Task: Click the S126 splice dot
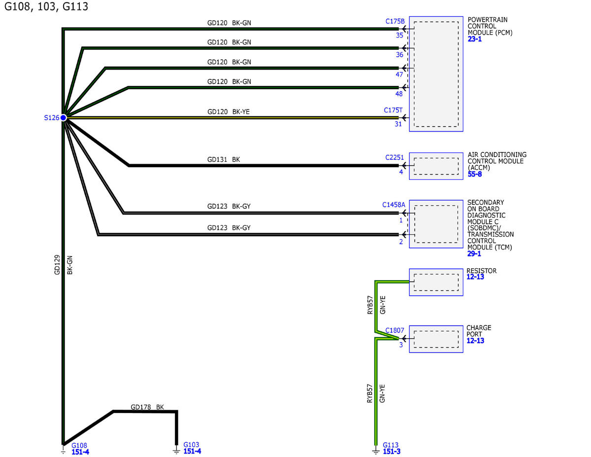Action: tap(63, 117)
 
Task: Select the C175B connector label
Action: tap(395, 22)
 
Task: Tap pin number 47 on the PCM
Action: tap(399, 75)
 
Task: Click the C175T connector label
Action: tap(394, 110)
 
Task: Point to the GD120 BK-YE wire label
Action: tap(229, 111)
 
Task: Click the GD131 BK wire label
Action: tap(224, 160)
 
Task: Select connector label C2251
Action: tap(394, 158)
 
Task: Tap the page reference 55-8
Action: tap(475, 174)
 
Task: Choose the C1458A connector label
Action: tap(394, 205)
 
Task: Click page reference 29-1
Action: tap(474, 253)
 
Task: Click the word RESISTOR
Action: tap(482, 271)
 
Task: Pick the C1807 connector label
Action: tap(395, 330)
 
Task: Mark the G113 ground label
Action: tap(391, 445)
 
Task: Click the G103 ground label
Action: tap(191, 445)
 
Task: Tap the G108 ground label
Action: tap(79, 445)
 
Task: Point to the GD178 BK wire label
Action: tap(147, 407)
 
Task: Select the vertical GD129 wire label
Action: tap(57, 265)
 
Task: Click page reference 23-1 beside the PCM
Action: tap(475, 39)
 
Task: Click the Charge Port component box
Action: tap(436, 339)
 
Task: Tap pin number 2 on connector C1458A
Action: tap(401, 242)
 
